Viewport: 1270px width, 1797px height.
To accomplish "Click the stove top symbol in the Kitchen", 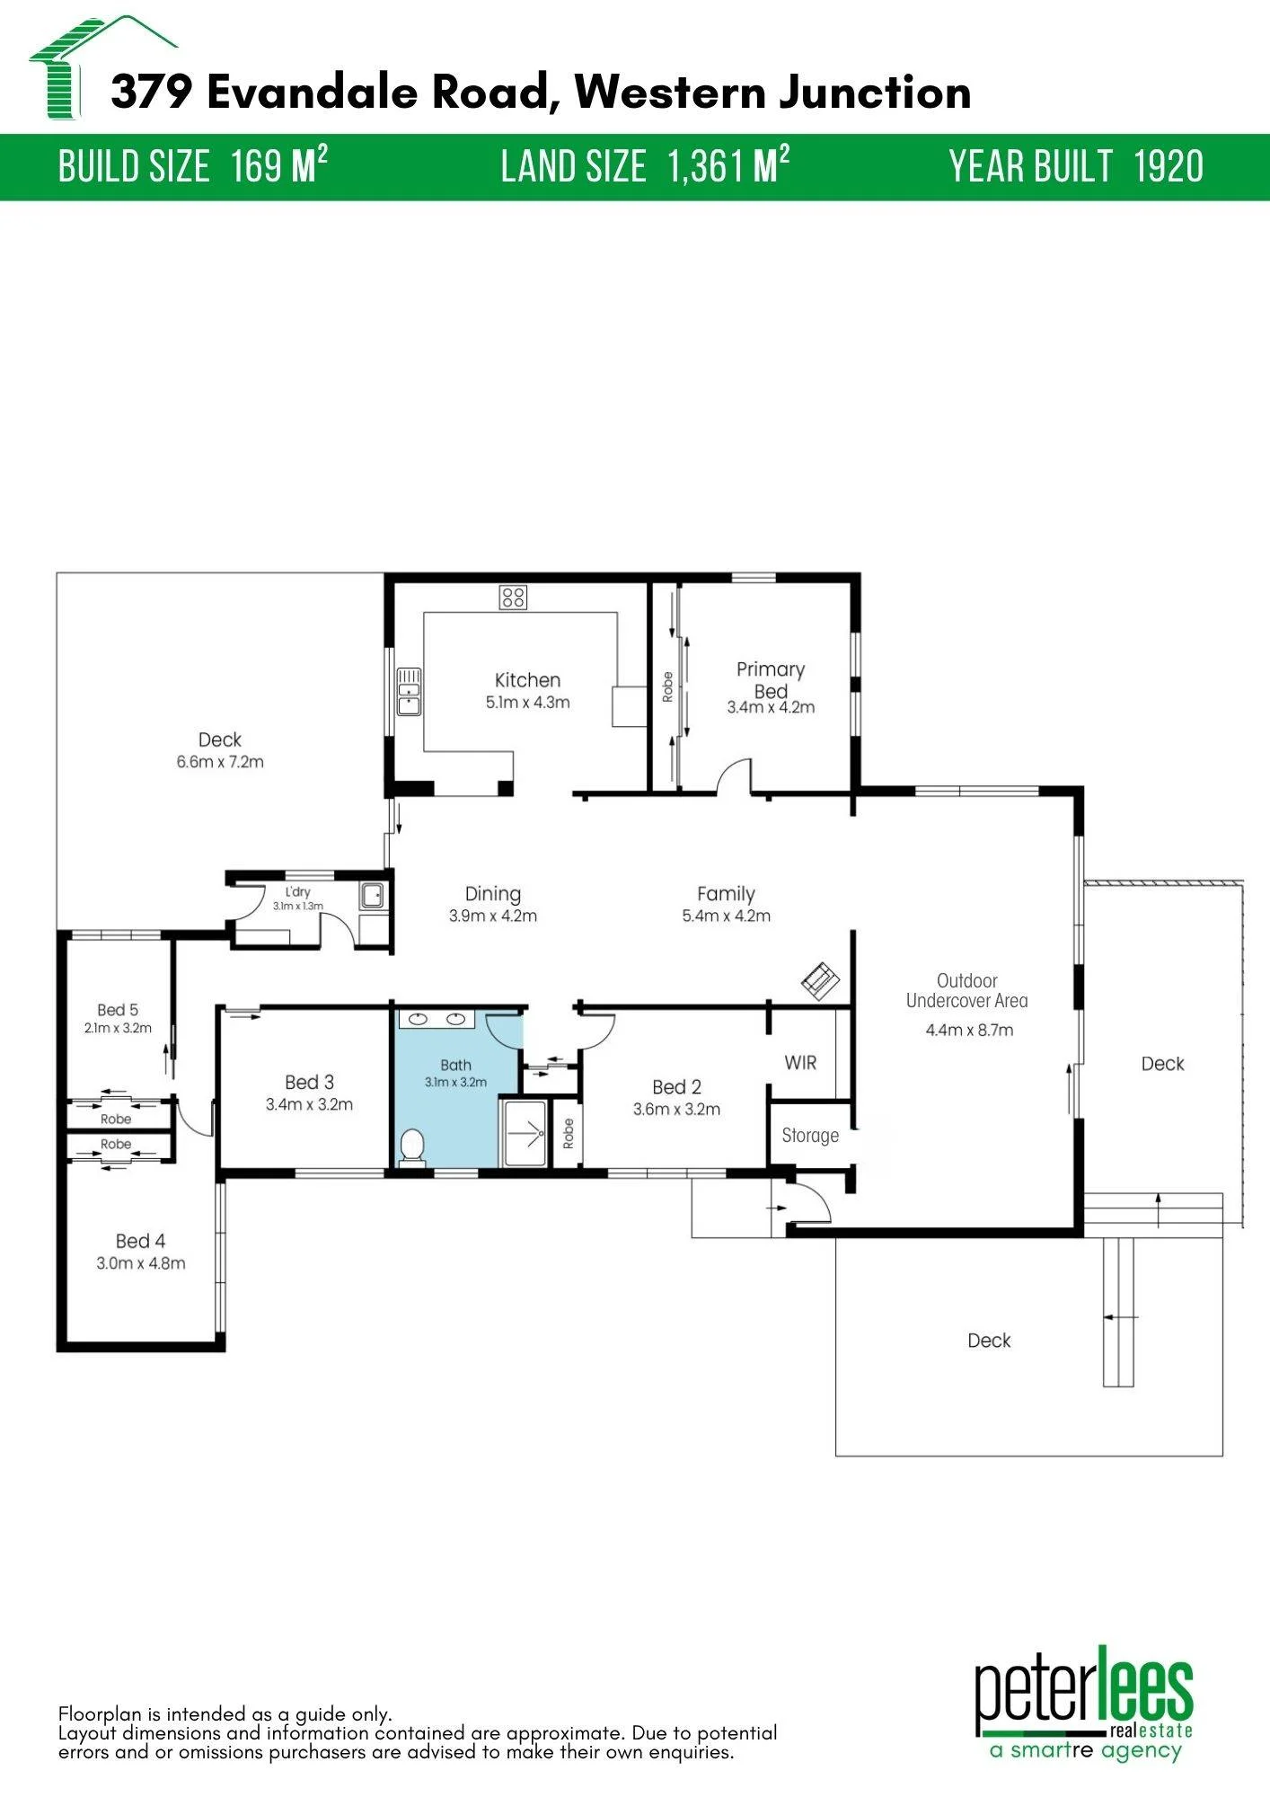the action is pos(514,597).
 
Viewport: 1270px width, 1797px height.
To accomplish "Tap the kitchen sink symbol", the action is pos(410,691).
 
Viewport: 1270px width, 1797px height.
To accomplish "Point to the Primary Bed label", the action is pos(771,680).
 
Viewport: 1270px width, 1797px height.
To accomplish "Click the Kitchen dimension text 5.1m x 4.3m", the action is pos(528,703).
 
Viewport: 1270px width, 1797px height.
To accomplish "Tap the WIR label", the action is pos(800,1063).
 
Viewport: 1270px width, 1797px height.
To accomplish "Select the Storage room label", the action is pos(810,1136).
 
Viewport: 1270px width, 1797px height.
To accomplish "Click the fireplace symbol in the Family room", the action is pos(820,980).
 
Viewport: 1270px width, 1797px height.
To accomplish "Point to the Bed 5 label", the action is pos(118,1010).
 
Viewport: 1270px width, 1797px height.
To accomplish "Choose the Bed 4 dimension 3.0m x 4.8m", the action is pos(141,1263).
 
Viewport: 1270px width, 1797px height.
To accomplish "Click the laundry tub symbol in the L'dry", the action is pos(372,896).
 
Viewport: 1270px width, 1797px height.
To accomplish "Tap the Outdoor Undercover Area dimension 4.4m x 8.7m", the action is pos(969,1031).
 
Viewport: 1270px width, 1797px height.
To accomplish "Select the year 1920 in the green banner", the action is pos(1169,167).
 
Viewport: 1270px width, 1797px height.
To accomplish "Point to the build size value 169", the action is pos(256,167).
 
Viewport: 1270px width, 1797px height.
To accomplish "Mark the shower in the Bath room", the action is pos(525,1132).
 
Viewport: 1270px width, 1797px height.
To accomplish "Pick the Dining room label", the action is pos(493,894).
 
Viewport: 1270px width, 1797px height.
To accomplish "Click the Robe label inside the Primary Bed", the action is pos(667,687).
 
